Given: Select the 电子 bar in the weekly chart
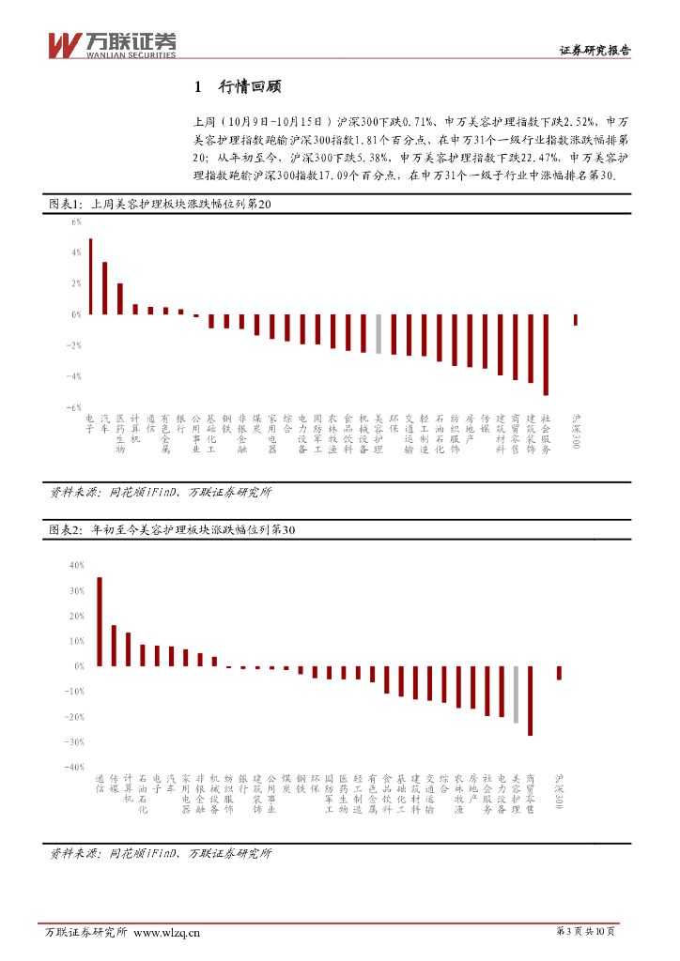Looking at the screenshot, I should click(90, 277).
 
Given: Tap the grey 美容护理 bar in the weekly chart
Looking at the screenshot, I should click(378, 334).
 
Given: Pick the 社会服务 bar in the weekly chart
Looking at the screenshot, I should click(546, 355).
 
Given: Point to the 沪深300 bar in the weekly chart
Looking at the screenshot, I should click(576, 320).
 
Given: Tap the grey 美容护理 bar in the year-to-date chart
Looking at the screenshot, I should click(516, 694).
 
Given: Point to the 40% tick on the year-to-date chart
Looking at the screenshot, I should click(76, 565).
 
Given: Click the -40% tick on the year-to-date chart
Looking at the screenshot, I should click(74, 767).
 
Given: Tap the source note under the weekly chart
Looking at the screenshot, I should click(161, 491).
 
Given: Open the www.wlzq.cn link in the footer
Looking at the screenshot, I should click(167, 932).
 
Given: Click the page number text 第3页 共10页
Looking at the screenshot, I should click(586, 932).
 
